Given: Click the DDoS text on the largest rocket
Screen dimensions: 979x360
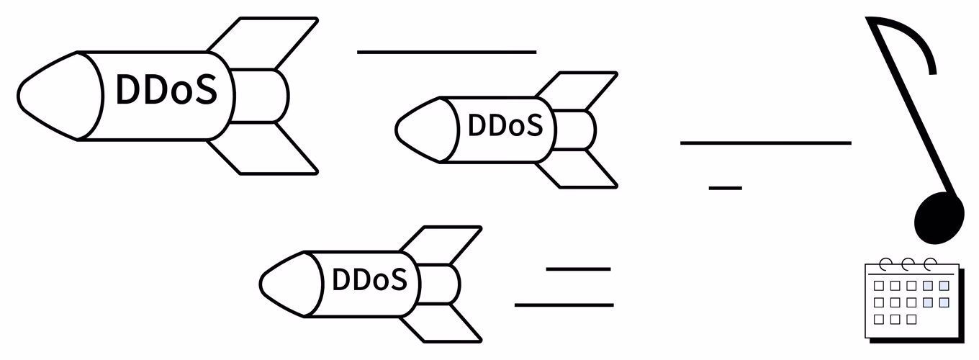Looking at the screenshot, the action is tap(166, 89).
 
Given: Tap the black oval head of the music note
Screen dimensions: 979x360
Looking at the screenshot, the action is tap(939, 217).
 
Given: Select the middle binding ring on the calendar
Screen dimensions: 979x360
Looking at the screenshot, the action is tap(908, 264).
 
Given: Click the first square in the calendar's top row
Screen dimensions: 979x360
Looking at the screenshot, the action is tap(878, 286).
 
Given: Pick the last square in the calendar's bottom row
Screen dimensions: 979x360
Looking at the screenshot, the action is tap(911, 320).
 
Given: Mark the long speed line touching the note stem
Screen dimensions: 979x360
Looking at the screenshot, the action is tap(766, 143).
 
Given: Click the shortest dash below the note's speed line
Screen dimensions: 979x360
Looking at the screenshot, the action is tap(726, 188).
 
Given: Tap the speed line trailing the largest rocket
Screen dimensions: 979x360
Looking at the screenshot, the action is tap(446, 52).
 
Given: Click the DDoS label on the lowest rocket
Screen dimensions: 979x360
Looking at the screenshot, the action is tap(370, 279).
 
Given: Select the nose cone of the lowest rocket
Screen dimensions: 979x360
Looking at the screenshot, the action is tap(289, 284).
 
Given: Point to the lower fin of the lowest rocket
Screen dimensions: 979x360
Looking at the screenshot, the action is tap(441, 323).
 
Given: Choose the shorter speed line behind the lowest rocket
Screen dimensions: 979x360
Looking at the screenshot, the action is tap(578, 269).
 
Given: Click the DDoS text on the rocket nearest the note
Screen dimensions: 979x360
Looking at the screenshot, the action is tap(505, 125).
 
